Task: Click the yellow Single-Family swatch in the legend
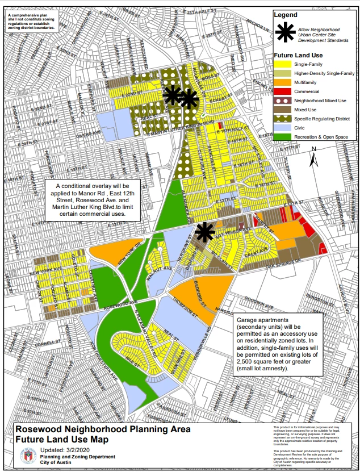tap(281, 65)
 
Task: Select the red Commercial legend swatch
tap(281, 91)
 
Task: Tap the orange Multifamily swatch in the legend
tap(281, 82)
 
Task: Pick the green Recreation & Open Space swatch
tap(281, 136)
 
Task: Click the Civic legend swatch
tap(281, 128)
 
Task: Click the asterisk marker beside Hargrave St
tap(204, 231)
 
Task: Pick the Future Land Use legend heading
tap(299, 55)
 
